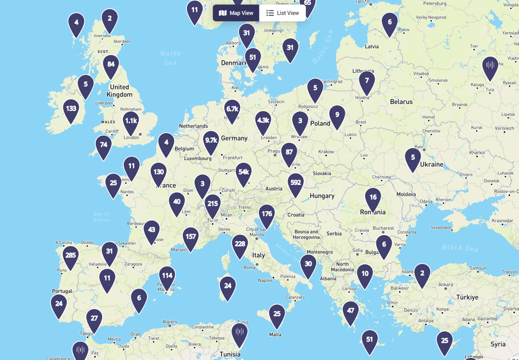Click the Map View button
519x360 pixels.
236,13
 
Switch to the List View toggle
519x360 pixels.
282,13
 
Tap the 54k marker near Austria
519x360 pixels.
244,172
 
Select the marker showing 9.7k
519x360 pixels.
211,141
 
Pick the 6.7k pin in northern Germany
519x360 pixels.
232,109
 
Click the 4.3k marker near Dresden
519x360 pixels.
263,121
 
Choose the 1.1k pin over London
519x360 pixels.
131,121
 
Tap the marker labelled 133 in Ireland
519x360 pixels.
71,109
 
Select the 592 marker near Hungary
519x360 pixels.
296,183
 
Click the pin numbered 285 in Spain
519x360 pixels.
70,255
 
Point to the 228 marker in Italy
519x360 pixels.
240,244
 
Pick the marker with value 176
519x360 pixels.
267,214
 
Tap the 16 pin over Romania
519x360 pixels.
373,198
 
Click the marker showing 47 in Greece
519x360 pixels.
350,311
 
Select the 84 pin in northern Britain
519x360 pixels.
111,64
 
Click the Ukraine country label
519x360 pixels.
431,164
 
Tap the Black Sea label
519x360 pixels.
460,248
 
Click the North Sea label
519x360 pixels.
170,57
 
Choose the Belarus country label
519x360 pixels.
401,102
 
